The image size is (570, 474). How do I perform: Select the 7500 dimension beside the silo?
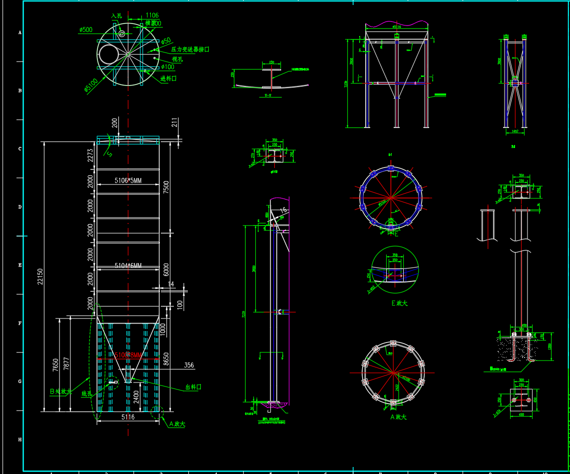coord(166,186)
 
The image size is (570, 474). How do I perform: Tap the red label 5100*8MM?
coord(128,355)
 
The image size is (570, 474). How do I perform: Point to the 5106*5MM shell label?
coord(128,180)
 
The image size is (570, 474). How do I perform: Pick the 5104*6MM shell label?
coord(128,265)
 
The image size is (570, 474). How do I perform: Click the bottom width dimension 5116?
coord(128,417)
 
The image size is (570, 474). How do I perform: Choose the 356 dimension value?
coord(189,365)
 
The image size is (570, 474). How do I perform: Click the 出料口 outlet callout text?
coord(193,387)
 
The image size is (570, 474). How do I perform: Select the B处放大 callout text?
coord(61,391)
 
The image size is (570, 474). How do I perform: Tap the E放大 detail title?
coord(399,303)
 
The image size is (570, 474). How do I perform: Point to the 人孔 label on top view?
coord(116,16)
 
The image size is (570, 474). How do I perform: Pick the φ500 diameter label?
coord(86,30)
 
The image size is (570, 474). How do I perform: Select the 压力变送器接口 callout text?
coord(190,49)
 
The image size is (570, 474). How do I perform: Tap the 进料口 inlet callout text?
coord(168,78)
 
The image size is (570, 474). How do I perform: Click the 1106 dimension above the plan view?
coord(152,16)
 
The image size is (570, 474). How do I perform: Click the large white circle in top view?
coord(109,53)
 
